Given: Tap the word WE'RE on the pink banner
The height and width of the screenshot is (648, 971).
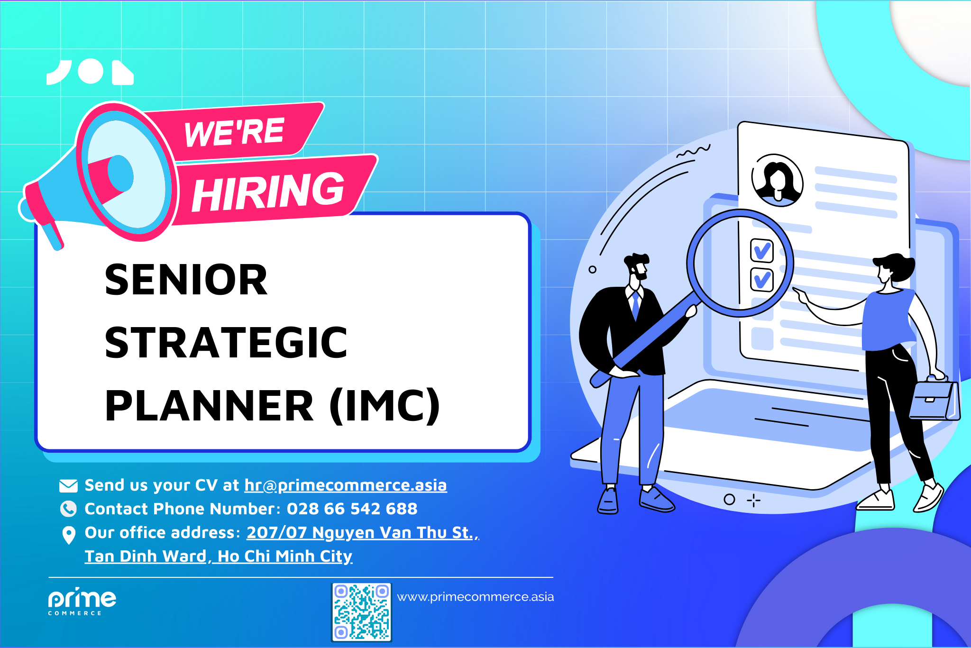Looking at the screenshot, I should click(x=234, y=132).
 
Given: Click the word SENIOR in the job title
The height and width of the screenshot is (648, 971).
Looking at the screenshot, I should click(x=186, y=280).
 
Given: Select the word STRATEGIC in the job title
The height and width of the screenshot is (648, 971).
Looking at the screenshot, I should click(x=226, y=343).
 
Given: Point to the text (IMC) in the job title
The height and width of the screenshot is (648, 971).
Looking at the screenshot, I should click(x=385, y=406).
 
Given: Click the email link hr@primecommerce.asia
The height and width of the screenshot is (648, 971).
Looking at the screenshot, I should click(x=345, y=485).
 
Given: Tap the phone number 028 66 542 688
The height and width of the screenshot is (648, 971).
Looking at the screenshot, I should click(x=352, y=509).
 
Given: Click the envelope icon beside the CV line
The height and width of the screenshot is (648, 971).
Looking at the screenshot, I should click(x=68, y=485).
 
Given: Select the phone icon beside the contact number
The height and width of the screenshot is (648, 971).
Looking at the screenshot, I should click(x=68, y=509).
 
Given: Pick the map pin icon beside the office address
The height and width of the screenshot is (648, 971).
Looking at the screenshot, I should click(x=69, y=535).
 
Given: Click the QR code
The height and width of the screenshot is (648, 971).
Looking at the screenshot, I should click(x=361, y=612).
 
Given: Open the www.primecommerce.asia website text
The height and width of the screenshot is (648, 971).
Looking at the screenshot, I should click(x=475, y=597).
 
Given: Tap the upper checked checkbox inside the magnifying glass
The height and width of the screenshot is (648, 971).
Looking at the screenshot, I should click(x=761, y=250).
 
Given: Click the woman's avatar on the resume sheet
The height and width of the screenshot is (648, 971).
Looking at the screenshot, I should click(x=777, y=181).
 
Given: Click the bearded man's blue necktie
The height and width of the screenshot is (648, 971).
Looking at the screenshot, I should click(x=635, y=306).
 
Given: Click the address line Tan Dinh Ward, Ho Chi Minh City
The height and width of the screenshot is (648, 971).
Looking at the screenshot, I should click(x=218, y=556).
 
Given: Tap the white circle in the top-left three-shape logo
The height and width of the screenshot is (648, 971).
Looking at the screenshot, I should click(x=91, y=72).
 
